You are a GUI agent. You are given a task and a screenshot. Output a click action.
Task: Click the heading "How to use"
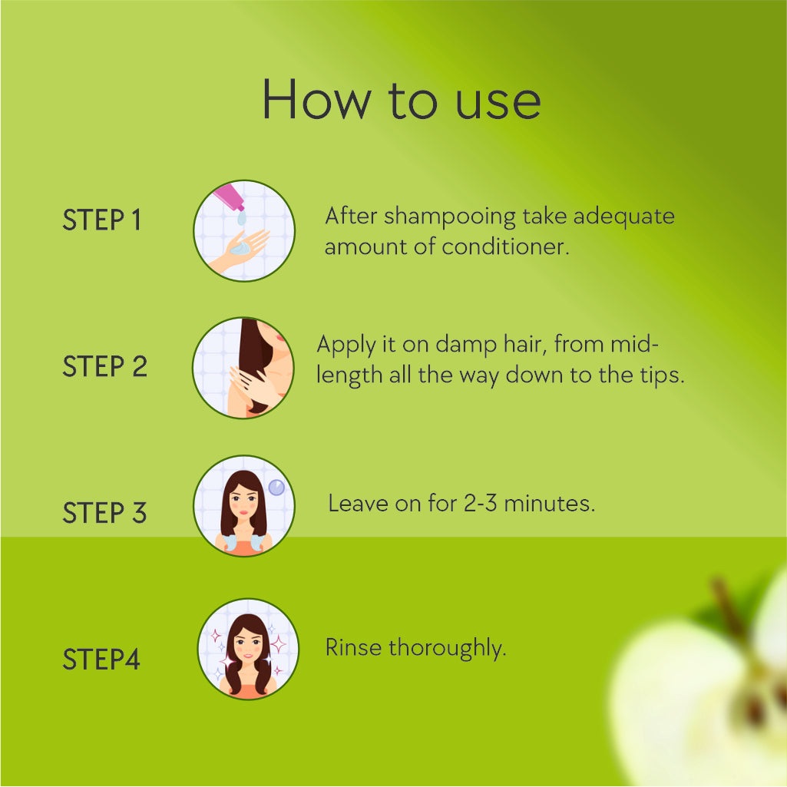(x=402, y=100)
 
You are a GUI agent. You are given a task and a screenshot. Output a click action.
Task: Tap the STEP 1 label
(x=101, y=220)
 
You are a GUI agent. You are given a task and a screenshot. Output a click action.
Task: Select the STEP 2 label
(x=104, y=366)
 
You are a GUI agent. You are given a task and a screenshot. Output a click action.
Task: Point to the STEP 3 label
(x=104, y=512)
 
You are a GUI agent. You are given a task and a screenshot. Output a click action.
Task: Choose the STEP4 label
(x=101, y=659)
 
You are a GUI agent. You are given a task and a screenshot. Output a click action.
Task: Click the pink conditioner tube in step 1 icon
(x=228, y=197)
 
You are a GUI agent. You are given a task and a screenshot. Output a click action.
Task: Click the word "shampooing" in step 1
(x=450, y=217)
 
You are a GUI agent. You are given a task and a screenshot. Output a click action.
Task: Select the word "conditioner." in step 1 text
(x=505, y=246)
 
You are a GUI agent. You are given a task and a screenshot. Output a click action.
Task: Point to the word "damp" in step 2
(x=466, y=346)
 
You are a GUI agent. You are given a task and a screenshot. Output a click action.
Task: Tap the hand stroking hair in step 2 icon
(x=255, y=385)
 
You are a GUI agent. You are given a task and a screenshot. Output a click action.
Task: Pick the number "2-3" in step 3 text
(x=481, y=504)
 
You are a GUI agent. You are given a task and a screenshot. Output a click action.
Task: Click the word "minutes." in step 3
(x=550, y=504)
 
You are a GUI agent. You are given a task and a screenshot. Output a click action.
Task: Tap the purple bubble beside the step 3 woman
(x=276, y=487)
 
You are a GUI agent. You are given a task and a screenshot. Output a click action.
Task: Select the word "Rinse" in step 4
(x=353, y=647)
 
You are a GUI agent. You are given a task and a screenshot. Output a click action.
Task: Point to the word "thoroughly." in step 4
(x=448, y=648)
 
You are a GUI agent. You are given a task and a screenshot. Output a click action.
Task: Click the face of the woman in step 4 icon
(x=248, y=646)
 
